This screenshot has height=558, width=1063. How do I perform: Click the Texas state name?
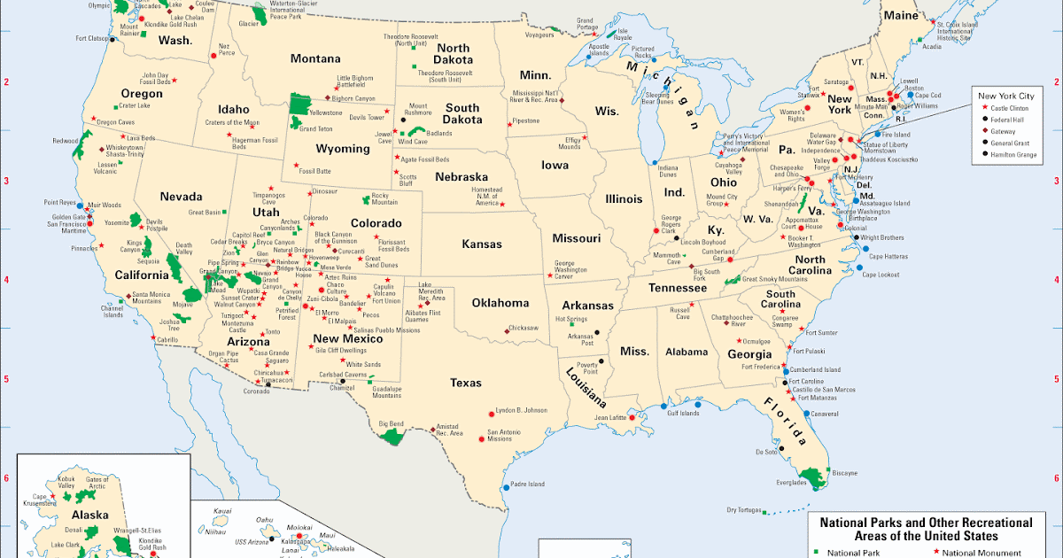click(465, 383)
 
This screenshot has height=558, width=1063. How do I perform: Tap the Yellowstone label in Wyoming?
click(325, 113)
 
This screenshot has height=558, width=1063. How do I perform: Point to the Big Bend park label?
click(391, 424)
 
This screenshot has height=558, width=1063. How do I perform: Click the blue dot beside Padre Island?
click(506, 485)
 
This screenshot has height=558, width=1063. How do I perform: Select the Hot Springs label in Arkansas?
click(571, 319)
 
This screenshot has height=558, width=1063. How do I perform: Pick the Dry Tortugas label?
click(744, 509)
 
